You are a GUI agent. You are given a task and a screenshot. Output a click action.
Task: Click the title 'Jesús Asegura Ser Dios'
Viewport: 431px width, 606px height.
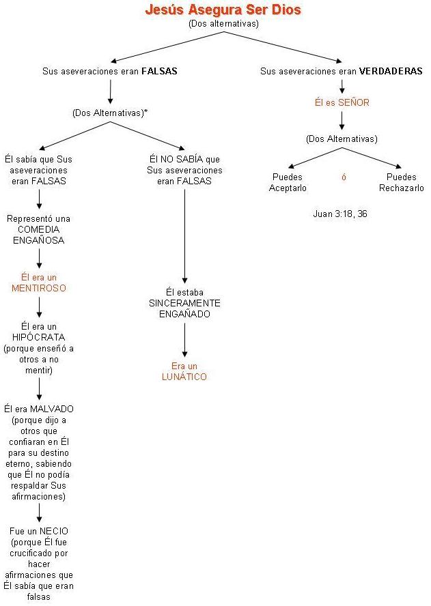pos(223,10)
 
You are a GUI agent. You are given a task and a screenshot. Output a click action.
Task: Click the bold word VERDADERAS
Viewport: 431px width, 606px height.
pos(391,71)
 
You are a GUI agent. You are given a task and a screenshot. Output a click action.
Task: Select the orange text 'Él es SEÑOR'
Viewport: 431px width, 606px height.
pos(342,103)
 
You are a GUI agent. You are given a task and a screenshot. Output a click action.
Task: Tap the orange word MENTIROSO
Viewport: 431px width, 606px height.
pos(39,288)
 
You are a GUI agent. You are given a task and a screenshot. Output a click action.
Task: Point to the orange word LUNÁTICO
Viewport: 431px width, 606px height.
pos(184,377)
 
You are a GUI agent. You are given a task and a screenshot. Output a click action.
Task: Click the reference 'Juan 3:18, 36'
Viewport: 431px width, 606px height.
pos(340,214)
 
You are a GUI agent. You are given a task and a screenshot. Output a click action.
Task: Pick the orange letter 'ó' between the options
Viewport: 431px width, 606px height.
pos(344,177)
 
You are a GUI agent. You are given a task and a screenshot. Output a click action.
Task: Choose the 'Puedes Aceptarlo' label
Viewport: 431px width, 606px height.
pos(288,182)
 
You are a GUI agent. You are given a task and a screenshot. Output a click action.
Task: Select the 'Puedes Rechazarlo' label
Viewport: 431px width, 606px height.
pos(401,182)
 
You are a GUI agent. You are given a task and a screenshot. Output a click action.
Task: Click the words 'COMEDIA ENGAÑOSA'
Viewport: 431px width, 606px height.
pos(39,235)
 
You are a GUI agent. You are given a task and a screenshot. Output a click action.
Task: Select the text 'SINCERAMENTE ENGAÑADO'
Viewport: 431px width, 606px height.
pos(184,308)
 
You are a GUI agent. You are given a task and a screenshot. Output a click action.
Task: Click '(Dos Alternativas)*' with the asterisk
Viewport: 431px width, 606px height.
pos(110,113)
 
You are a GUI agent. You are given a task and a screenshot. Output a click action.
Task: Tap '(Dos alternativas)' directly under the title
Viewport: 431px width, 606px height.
pos(223,24)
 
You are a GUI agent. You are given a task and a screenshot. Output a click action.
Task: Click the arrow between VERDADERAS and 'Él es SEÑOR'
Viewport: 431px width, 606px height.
pos(342,87)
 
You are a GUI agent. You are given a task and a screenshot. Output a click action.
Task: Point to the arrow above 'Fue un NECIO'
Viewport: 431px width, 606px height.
pos(39,513)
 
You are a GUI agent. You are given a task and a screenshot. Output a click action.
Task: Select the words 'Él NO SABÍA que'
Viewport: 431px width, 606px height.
pos(184,159)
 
